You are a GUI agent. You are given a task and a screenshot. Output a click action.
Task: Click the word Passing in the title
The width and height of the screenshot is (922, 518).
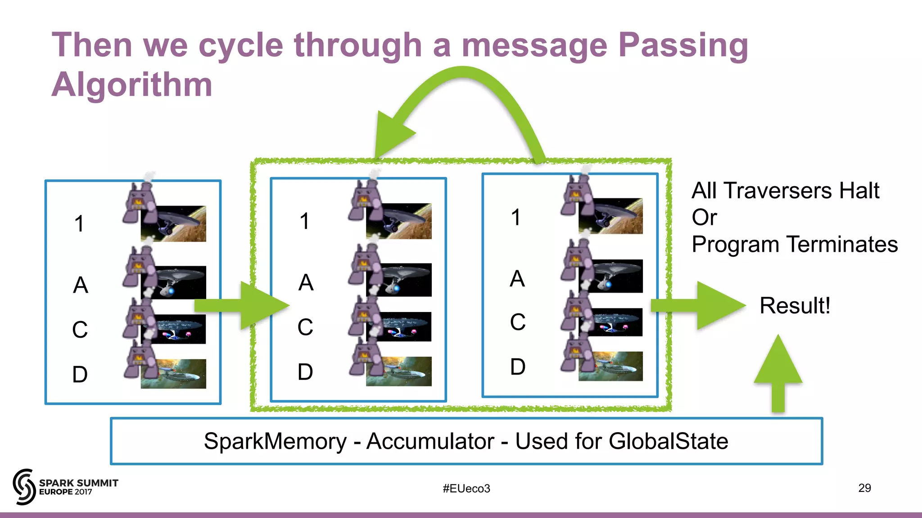click(x=682, y=46)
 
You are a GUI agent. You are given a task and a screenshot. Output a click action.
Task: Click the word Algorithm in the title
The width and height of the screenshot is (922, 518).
click(x=131, y=85)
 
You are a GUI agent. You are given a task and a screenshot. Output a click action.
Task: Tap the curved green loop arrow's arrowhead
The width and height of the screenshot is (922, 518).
click(x=391, y=134)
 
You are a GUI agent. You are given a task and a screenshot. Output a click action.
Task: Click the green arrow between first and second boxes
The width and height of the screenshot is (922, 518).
click(x=243, y=306)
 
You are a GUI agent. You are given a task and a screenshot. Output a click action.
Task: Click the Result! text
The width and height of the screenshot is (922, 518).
click(x=795, y=306)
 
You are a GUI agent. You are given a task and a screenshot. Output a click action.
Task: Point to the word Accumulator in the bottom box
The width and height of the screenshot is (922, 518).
click(x=430, y=441)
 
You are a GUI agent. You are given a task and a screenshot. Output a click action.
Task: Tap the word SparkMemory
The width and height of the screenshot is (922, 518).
click(x=275, y=441)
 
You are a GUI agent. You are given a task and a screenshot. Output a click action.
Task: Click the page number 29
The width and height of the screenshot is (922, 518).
click(x=864, y=488)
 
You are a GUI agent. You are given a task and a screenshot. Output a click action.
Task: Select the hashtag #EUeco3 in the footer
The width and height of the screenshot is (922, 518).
click(x=466, y=488)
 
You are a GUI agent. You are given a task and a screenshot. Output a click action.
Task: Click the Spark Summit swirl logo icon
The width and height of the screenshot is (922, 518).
click(x=24, y=487)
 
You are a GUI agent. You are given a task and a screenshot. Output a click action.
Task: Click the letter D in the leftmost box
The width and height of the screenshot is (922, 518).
click(x=80, y=375)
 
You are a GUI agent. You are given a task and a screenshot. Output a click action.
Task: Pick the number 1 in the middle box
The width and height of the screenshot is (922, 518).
click(x=305, y=221)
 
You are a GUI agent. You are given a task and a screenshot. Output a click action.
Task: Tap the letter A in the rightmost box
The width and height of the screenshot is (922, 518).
click(x=517, y=279)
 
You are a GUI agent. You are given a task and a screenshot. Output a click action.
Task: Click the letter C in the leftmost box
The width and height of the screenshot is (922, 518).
click(x=80, y=330)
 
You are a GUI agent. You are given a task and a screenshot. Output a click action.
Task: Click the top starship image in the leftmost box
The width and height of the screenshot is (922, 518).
click(x=174, y=223)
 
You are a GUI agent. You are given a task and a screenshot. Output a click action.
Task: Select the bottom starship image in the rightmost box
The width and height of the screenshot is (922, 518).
click(x=611, y=366)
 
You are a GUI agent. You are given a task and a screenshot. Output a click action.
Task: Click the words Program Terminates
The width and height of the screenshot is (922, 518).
click(x=795, y=245)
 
